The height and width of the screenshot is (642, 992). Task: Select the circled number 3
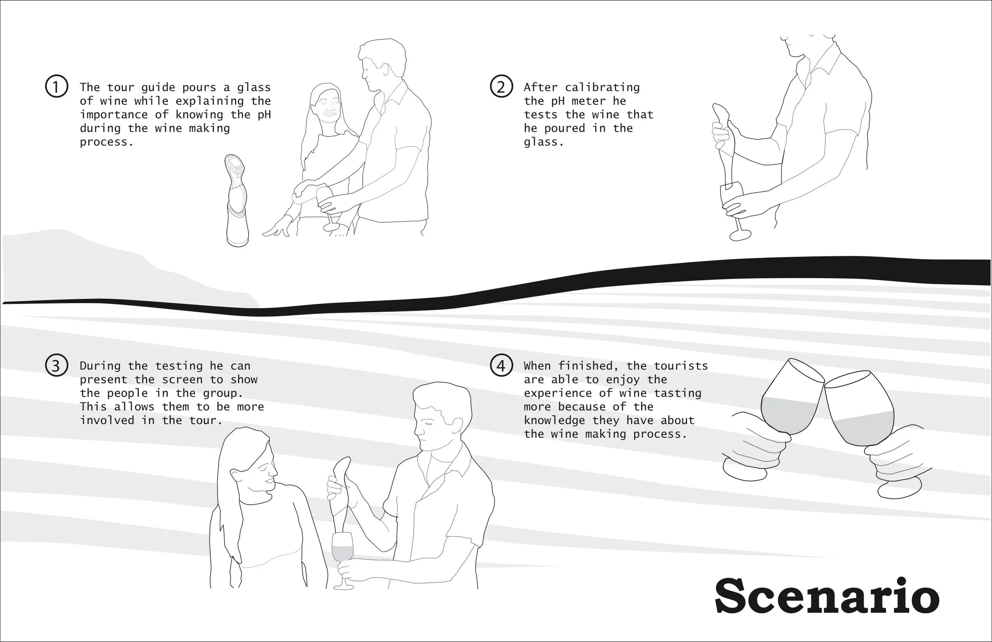56,365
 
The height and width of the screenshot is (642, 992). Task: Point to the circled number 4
501,365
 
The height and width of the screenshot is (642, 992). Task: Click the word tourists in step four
681,365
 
